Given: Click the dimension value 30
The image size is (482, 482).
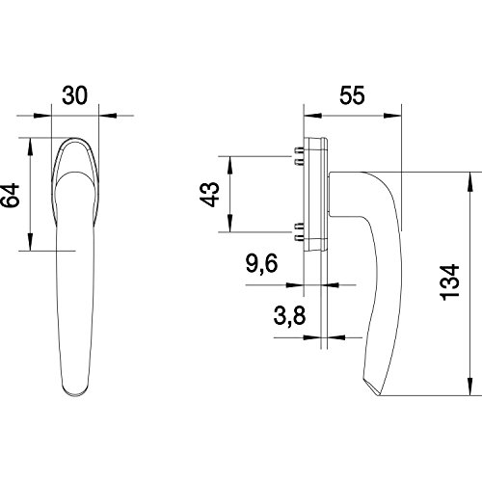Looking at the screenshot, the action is [x=74, y=95].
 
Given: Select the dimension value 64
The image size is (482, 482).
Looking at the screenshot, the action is [x=10, y=196].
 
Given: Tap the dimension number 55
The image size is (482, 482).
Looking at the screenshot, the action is [x=352, y=95].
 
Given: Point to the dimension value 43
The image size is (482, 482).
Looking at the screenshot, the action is [x=209, y=194].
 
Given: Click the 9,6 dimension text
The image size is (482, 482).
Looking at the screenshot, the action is [x=261, y=263].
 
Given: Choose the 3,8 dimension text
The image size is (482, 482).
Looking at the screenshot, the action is [x=289, y=315].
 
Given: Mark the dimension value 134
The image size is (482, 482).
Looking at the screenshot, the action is [x=450, y=282].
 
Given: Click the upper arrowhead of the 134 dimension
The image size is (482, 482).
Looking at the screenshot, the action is [x=470, y=181].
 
